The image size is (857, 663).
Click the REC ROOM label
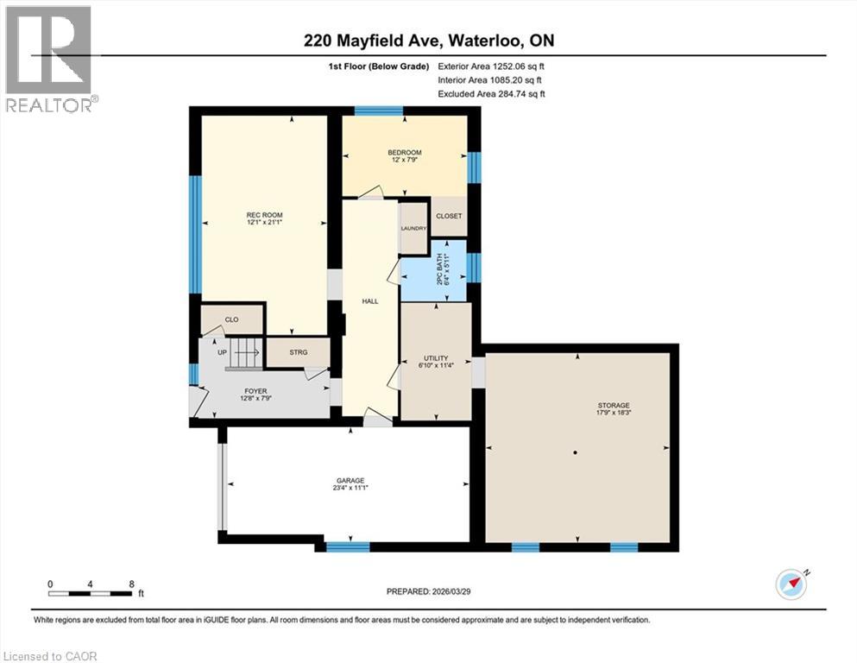[264, 215]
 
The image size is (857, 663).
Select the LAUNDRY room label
[414, 228]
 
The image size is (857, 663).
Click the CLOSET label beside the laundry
[449, 216]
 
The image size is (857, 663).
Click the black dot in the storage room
[576, 452]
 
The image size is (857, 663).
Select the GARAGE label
[350, 481]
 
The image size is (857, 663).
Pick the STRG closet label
[297, 352]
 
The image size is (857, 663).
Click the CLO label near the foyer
[230, 320]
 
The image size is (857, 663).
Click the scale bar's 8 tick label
[131, 584]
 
